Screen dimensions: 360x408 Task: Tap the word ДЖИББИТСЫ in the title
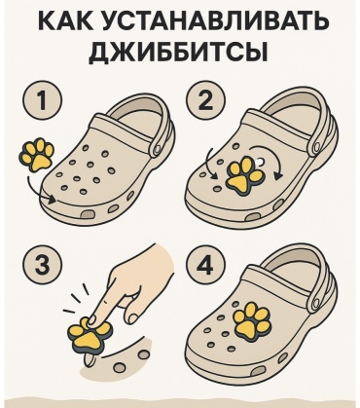[x=179, y=51]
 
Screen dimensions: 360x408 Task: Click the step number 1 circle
[x=42, y=100]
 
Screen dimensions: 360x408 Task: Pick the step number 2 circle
[x=205, y=100]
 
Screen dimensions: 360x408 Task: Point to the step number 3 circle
[x=42, y=265]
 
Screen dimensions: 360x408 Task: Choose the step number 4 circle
[x=205, y=265]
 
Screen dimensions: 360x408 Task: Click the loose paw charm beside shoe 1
[x=37, y=155]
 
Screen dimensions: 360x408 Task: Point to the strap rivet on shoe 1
[x=158, y=149]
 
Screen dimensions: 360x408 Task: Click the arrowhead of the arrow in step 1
[x=52, y=199]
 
